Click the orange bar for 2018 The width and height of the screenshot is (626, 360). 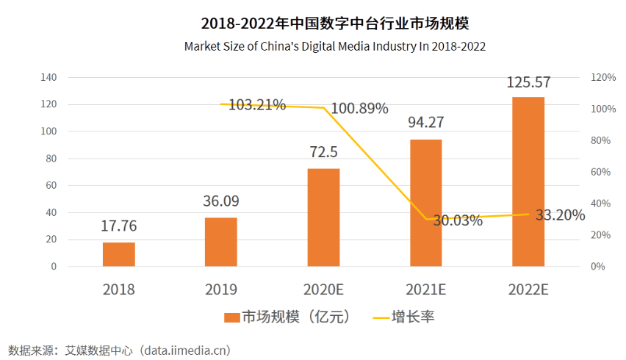(x=119, y=254)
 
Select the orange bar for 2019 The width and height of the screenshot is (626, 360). (x=221, y=242)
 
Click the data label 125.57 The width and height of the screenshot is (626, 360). (x=528, y=82)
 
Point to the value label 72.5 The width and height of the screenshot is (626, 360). (x=323, y=153)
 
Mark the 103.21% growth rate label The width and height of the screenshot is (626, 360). (x=257, y=105)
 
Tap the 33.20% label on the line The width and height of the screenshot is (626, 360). (x=560, y=215)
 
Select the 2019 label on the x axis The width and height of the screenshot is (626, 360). (x=221, y=289)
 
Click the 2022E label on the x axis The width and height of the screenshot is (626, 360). (x=528, y=289)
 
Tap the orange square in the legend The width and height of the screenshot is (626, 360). (x=232, y=317)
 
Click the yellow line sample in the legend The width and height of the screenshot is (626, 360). (x=381, y=317)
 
